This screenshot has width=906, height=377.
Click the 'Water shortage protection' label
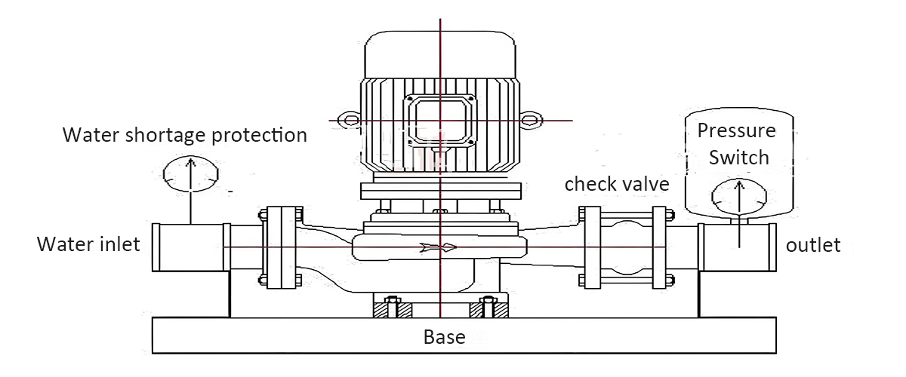click(x=185, y=135)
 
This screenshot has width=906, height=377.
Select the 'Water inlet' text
click(x=88, y=245)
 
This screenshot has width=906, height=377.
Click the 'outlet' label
click(x=813, y=246)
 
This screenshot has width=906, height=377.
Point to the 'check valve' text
click(x=617, y=183)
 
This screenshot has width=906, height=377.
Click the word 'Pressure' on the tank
click(x=736, y=130)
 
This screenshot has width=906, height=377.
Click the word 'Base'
click(x=444, y=336)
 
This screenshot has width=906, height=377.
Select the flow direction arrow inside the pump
click(x=439, y=247)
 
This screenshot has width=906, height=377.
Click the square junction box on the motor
click(x=439, y=121)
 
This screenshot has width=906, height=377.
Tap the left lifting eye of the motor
click(x=348, y=119)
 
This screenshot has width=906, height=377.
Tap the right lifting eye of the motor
click(x=532, y=119)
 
